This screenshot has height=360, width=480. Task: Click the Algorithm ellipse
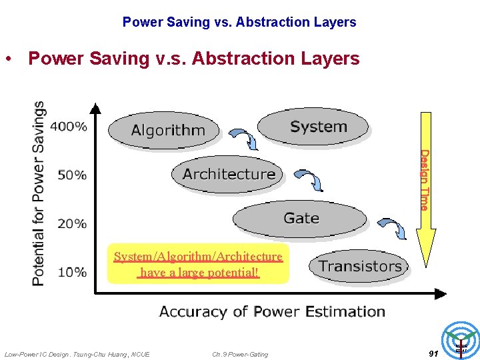point(163,129)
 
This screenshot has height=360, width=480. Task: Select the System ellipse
point(313,127)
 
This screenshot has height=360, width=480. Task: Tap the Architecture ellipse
point(227,174)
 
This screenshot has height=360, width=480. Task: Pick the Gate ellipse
point(300,219)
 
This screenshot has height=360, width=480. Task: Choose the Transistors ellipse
point(359,266)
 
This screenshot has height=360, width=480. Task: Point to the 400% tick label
point(72,127)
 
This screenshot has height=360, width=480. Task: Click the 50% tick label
point(72,175)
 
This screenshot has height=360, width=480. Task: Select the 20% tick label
point(72,223)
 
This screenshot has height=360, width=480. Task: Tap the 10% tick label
point(72,272)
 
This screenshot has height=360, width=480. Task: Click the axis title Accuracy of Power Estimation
point(272,311)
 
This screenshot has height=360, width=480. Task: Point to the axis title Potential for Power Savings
point(39,193)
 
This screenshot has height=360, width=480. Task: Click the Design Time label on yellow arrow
point(423,180)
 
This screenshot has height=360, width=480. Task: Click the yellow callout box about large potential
point(198,264)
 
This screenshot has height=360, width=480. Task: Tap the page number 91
point(433,353)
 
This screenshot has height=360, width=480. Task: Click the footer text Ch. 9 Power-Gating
point(240,354)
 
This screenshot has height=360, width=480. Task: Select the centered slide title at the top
point(239,22)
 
